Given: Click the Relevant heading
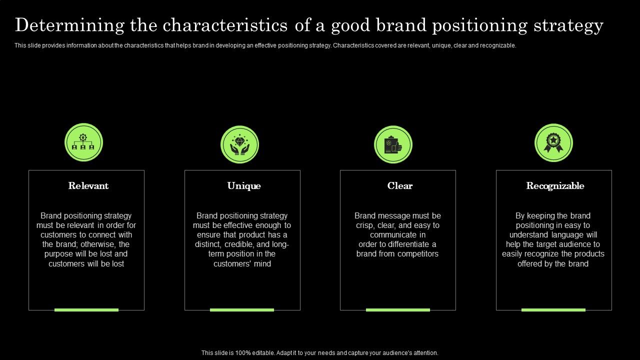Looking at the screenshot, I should [88, 186].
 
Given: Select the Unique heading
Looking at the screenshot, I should [244, 186].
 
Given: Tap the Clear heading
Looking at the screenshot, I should [400, 186].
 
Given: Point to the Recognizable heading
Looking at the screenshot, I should [555, 186].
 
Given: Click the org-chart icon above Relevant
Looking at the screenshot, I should [83, 142].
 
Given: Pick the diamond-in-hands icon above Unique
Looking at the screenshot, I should [239, 144].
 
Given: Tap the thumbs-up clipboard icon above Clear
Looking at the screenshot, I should [393, 144].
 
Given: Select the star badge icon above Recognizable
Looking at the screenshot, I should [553, 142].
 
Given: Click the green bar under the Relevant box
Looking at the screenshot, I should [86, 310].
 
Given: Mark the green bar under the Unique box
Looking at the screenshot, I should [242, 310].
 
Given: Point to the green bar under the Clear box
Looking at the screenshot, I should [398, 310].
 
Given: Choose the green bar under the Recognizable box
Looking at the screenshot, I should [553, 310].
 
